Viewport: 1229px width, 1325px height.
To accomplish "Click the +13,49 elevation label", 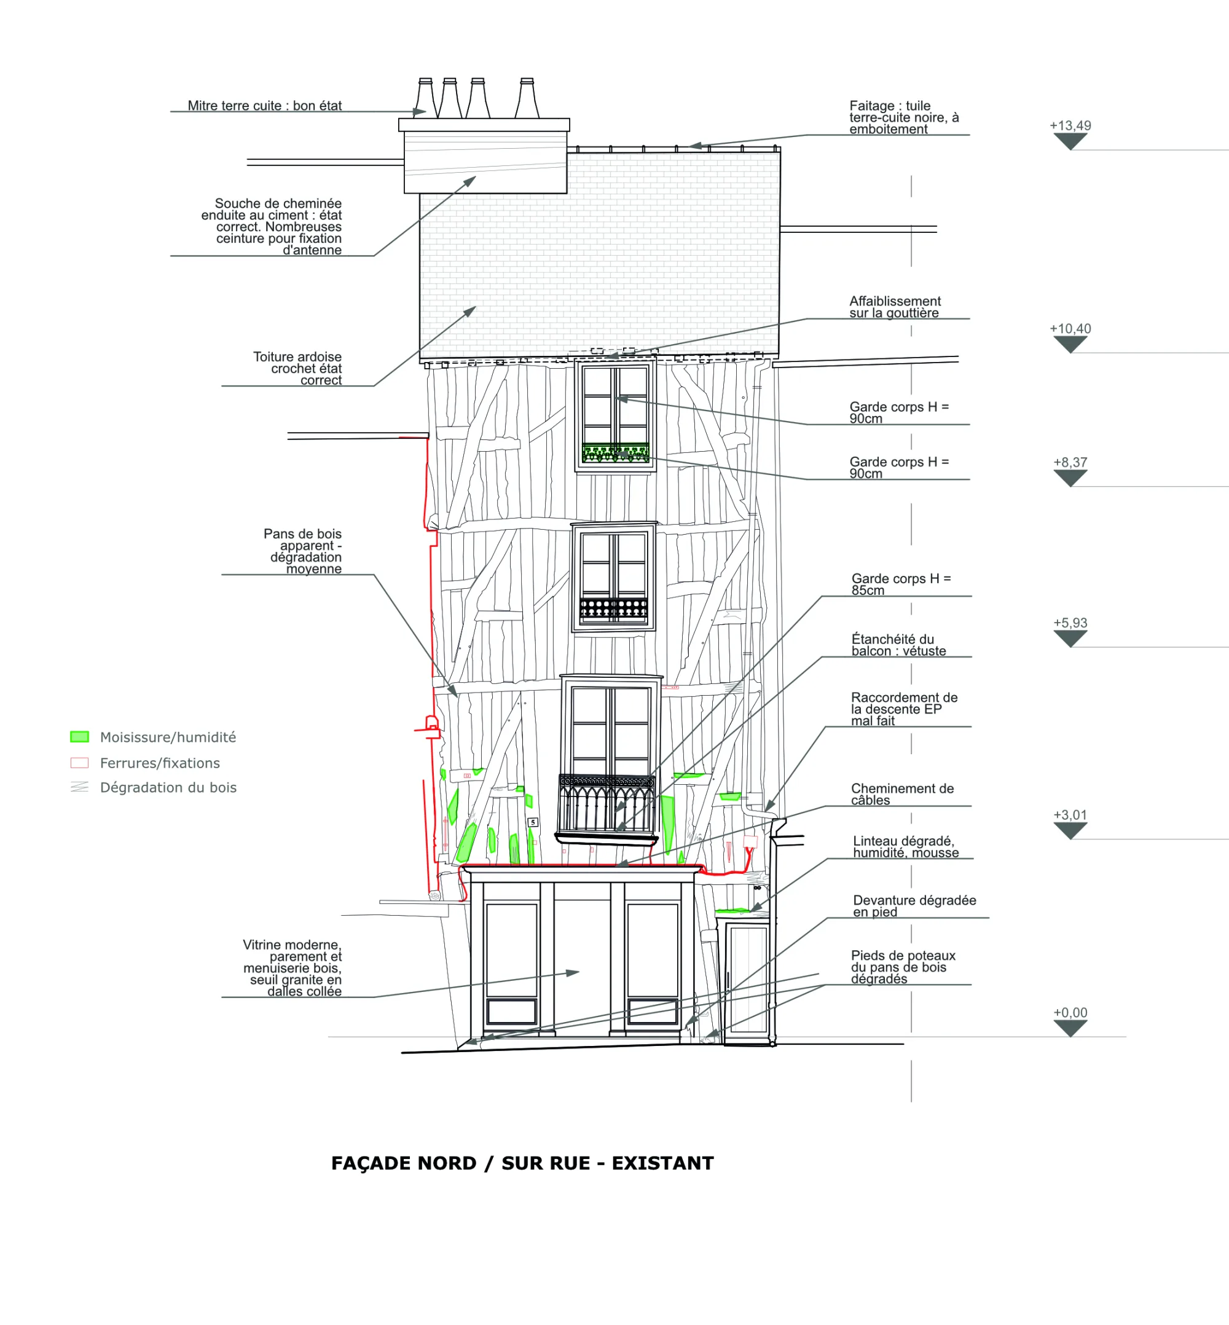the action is pyautogui.click(x=1070, y=126).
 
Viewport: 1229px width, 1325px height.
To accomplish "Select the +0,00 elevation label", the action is pyautogui.click(x=1070, y=1012).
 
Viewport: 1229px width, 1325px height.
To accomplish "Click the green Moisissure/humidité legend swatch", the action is pyautogui.click(x=80, y=736).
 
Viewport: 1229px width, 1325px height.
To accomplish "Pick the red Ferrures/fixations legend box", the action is pyautogui.click(x=80, y=762).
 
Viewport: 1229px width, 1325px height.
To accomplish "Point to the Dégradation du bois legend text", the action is pyautogui.click(x=168, y=787).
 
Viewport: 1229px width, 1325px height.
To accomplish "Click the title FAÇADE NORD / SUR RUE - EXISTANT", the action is pyautogui.click(x=523, y=1163).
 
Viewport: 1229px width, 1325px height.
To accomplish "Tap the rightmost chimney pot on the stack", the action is pyautogui.click(x=527, y=98).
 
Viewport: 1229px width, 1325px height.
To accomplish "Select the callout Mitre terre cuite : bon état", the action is pyautogui.click(x=265, y=105).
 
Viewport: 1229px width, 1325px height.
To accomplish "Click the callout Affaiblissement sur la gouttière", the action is pyautogui.click(x=895, y=307).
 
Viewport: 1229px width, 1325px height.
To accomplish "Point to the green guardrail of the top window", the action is pyautogui.click(x=615, y=452).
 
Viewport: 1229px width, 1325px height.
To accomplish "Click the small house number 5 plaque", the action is pyautogui.click(x=533, y=822).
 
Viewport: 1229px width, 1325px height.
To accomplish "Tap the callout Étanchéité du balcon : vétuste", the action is pyautogui.click(x=898, y=645).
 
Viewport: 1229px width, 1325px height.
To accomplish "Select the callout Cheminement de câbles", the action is pyautogui.click(x=902, y=793).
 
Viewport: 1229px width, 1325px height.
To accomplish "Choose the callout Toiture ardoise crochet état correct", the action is pyautogui.click(x=297, y=368).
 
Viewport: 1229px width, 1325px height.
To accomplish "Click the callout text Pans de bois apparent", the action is pyautogui.click(x=302, y=540).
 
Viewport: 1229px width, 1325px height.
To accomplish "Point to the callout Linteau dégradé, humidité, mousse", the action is pyautogui.click(x=906, y=846).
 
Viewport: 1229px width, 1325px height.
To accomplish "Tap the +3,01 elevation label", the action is pyautogui.click(x=1070, y=815).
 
